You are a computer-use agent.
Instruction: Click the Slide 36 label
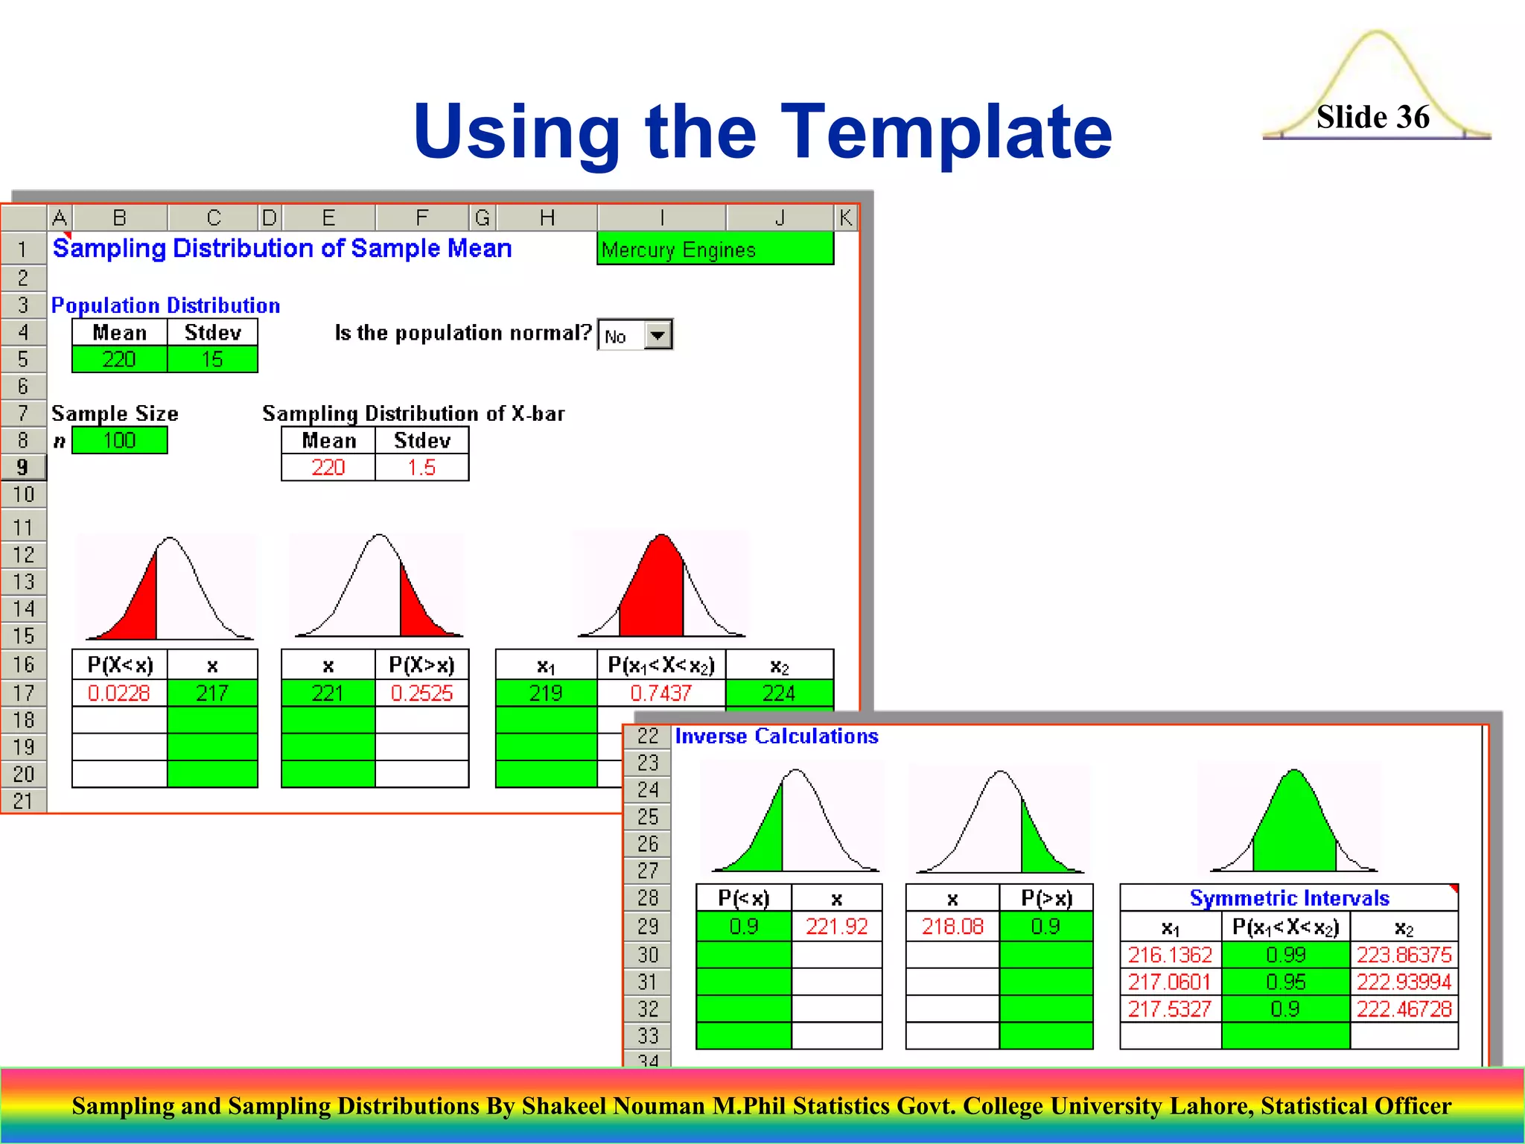click(1372, 117)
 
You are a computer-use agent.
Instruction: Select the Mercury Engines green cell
click(715, 250)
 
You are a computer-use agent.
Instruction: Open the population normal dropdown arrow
click(657, 335)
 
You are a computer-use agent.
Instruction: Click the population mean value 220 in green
click(119, 360)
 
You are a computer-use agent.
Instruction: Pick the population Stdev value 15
click(212, 360)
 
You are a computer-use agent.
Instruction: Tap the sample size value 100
click(119, 441)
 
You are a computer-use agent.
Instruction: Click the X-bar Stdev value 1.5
click(421, 468)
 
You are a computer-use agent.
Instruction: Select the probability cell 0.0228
click(119, 693)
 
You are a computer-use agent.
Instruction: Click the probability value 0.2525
click(421, 693)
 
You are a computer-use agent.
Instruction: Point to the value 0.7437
click(660, 693)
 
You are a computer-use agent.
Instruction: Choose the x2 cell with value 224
click(779, 693)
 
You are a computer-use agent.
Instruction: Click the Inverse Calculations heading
click(777, 737)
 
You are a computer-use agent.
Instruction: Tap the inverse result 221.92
click(836, 927)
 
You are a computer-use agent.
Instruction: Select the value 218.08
click(952, 927)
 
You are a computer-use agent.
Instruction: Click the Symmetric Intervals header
click(1289, 898)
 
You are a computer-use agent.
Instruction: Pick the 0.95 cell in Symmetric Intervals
click(1285, 982)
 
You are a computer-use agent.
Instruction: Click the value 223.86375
click(1404, 955)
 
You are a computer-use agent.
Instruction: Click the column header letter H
click(547, 218)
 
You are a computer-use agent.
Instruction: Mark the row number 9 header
click(23, 468)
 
